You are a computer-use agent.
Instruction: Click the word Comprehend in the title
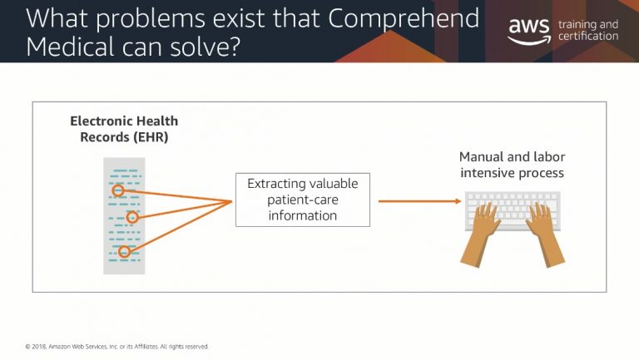click(x=404, y=19)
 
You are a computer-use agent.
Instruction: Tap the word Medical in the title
click(x=70, y=47)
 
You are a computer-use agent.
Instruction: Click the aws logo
click(x=529, y=31)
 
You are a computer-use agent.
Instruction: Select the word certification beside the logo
click(x=588, y=36)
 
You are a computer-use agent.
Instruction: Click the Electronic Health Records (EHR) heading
click(x=124, y=129)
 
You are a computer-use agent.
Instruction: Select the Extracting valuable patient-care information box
click(x=303, y=200)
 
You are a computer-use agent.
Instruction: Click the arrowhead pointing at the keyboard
click(x=458, y=200)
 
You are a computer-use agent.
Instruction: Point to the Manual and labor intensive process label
click(x=513, y=165)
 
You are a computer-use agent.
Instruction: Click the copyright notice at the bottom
click(x=117, y=347)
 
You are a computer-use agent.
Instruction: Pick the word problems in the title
click(x=151, y=19)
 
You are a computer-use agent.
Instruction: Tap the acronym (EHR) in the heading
click(x=151, y=137)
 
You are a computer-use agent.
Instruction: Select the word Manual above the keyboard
click(x=481, y=156)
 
